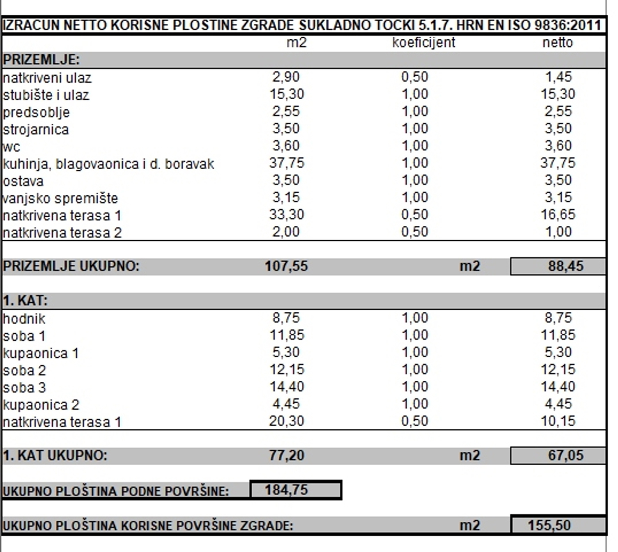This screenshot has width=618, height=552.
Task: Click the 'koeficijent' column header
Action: coord(423,42)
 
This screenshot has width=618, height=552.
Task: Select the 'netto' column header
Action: coord(557,42)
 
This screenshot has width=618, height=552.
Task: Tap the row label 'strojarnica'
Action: coord(36,129)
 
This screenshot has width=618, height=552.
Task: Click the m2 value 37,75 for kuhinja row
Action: coord(286,163)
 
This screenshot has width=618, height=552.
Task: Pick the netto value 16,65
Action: coord(558,215)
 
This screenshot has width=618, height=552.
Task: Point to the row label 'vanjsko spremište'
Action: coord(60,198)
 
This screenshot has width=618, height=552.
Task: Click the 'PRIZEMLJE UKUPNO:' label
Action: coord(71,266)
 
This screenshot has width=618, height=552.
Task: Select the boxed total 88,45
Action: coord(565,266)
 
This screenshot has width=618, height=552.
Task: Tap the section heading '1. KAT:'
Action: coord(25,301)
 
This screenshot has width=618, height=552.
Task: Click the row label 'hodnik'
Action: coord(24,319)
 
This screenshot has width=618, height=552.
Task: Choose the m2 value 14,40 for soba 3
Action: coord(286,387)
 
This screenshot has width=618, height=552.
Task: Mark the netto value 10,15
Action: coord(558,422)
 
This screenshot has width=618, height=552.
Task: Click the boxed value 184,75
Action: coord(286,490)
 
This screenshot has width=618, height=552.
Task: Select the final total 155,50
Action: coord(549,525)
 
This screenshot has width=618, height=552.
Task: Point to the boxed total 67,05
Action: coord(565,455)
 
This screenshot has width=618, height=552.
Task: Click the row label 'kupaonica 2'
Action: coord(41,405)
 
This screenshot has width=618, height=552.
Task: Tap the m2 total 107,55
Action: coord(286,266)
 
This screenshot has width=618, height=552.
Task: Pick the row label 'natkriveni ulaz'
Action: coord(47,78)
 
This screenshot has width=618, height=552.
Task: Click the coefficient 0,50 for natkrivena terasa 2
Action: coord(414,232)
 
